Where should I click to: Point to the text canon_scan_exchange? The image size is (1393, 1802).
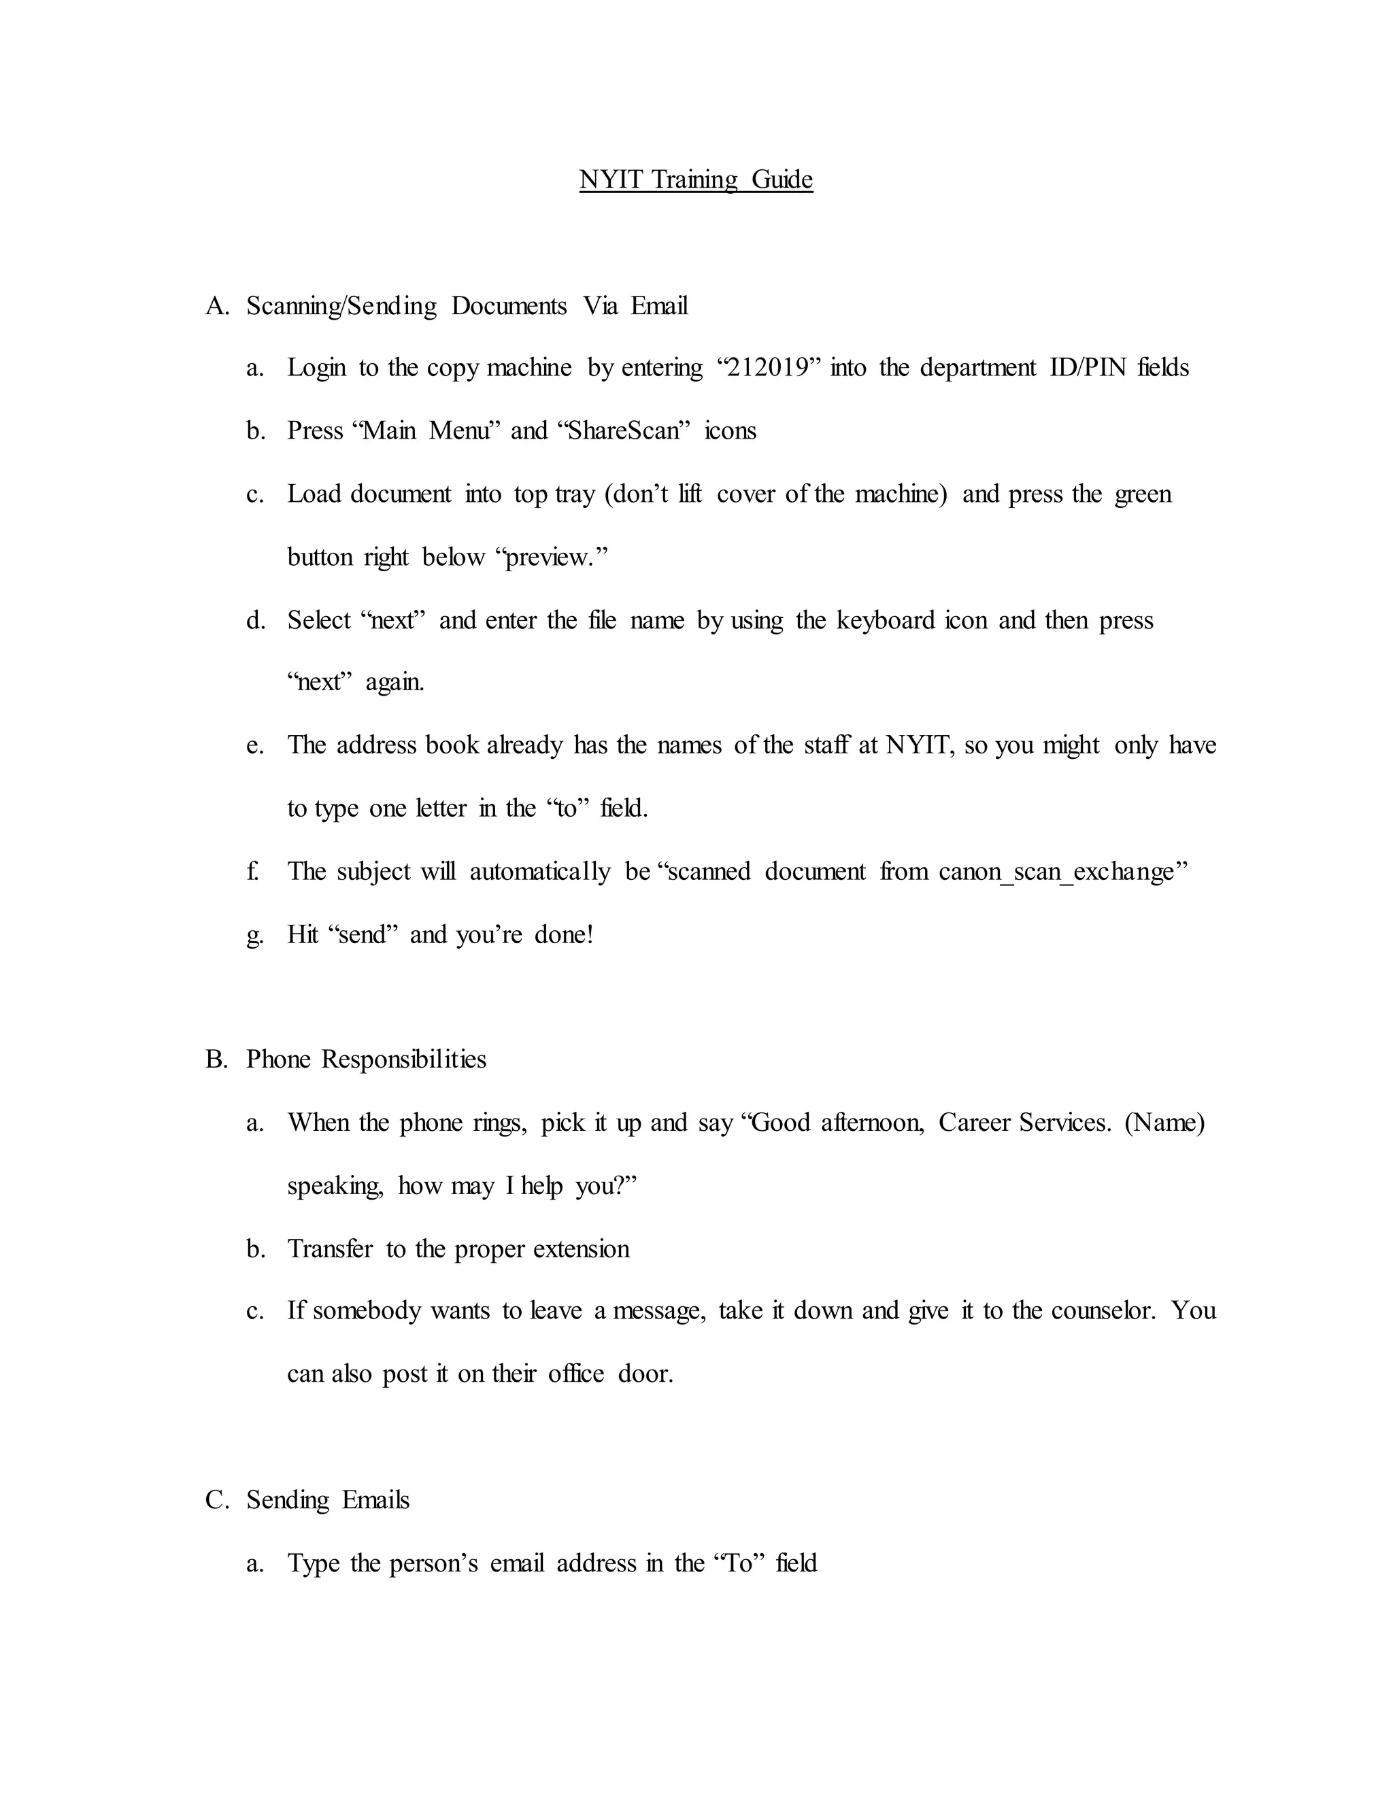1056,871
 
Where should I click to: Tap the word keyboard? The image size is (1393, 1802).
886,619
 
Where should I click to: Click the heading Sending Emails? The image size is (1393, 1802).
328,1499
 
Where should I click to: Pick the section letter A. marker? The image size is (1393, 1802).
216,306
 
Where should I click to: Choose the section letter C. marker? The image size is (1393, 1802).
216,1499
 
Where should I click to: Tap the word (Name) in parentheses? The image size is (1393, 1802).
1164,1122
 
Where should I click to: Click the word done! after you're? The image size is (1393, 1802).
564,935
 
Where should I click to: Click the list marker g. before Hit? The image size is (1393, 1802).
254,935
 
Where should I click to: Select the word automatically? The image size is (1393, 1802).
539,871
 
